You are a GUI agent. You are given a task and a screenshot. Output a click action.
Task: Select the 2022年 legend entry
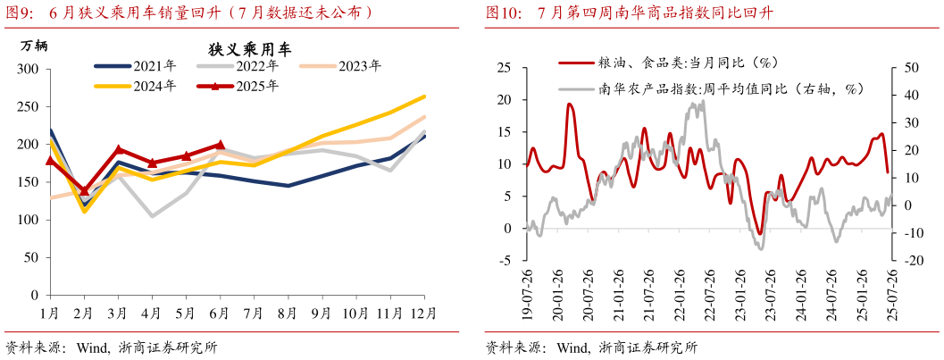(257, 66)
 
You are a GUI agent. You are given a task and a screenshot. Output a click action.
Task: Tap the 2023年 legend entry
(360, 66)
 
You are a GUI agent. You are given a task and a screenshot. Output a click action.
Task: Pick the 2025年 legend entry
(257, 86)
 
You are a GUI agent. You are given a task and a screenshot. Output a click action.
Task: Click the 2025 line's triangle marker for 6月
(220, 144)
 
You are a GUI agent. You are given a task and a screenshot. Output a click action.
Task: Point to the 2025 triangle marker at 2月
(85, 190)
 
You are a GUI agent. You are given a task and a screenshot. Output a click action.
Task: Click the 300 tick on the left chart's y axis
(29, 70)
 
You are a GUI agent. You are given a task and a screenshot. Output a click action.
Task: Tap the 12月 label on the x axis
(423, 314)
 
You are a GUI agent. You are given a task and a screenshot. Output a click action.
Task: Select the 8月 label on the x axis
(288, 314)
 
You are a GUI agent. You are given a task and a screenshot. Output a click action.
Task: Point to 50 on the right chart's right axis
(909, 69)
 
